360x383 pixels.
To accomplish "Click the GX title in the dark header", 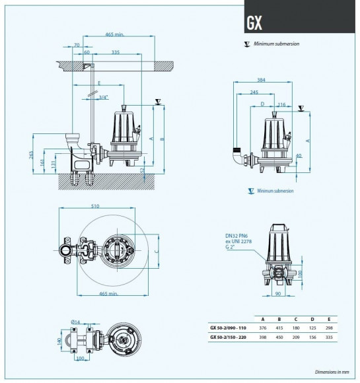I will click(255, 24).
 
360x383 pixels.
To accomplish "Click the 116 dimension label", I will click(281, 104).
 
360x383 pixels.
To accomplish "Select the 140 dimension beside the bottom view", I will click(60, 341).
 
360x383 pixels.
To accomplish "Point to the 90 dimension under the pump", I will click(278, 293).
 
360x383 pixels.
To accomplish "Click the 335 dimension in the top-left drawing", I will click(116, 52).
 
